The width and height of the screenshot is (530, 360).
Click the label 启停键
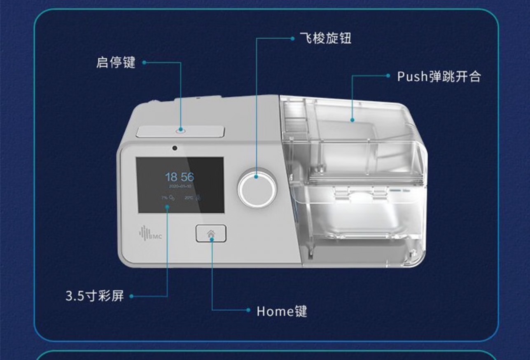[x=116, y=63]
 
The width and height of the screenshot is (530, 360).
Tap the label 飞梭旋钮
[x=325, y=39]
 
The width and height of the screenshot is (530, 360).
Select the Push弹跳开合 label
[x=439, y=76]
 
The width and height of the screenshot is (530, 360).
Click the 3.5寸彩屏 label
[x=95, y=296]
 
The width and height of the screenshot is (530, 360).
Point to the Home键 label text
[x=282, y=311]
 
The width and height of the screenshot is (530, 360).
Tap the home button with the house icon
[x=211, y=234]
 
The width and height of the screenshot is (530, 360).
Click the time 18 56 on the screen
[x=179, y=177]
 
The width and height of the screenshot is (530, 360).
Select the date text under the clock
[x=180, y=186]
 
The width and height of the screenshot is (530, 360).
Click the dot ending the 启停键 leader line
[x=145, y=63]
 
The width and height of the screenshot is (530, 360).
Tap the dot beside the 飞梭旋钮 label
[x=292, y=39]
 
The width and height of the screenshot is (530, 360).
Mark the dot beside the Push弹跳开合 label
[x=388, y=76]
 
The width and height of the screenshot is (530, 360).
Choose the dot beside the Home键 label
[x=248, y=310]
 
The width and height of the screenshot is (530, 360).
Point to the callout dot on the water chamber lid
[x=353, y=120]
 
